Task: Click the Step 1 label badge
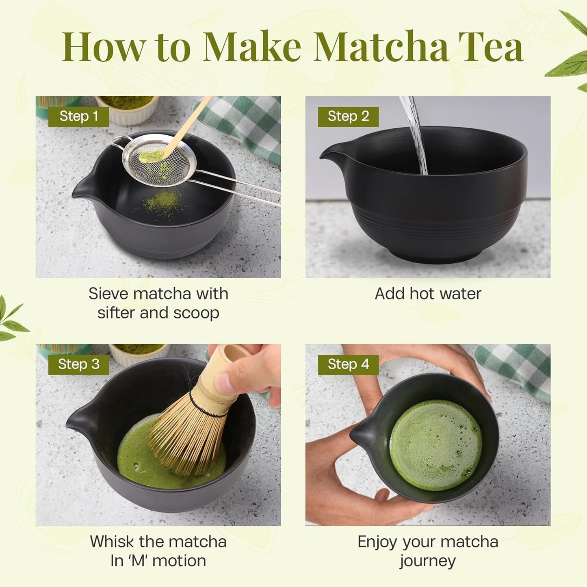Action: pos(78,117)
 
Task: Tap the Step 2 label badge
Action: pos(348,117)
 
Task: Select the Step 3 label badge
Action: pos(78,364)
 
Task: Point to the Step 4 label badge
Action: pos(348,364)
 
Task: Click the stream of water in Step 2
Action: pos(416,134)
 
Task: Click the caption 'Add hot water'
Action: pos(428,294)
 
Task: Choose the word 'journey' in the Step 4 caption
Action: pos(427,561)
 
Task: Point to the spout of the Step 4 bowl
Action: pos(360,437)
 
